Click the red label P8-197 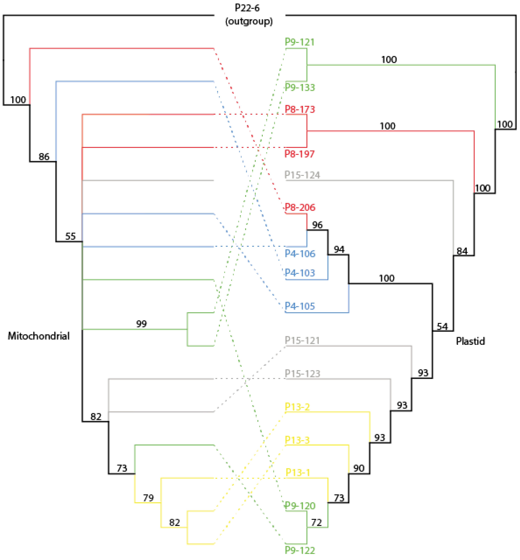pos(299,154)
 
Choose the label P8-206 pos(300,207)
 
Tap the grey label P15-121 pos(302,340)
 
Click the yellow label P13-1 pos(298,473)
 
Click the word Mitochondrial pos(39,336)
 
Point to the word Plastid pos(470,341)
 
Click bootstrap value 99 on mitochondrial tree pos(141,324)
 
